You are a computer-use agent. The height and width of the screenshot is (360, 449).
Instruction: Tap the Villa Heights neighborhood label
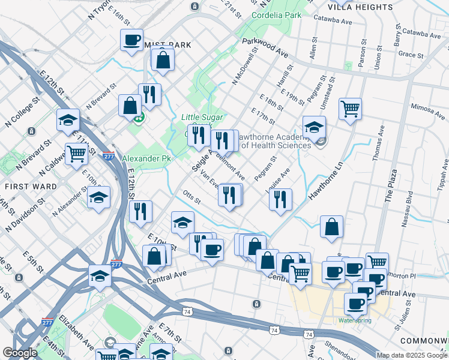361,7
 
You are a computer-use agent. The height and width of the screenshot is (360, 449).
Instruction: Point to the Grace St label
411,55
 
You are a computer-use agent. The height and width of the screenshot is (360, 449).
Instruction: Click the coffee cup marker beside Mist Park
131,40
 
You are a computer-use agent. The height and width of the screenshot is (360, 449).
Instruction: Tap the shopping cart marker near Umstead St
350,109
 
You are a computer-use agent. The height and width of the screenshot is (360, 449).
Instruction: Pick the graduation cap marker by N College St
68,120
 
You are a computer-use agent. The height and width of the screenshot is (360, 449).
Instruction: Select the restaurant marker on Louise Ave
280,199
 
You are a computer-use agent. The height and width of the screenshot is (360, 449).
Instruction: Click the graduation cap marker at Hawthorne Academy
314,127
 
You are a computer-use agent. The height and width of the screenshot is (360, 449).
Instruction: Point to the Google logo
20,352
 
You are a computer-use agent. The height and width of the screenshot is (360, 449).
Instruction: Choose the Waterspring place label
355,320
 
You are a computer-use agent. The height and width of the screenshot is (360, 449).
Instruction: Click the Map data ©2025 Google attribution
412,355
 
